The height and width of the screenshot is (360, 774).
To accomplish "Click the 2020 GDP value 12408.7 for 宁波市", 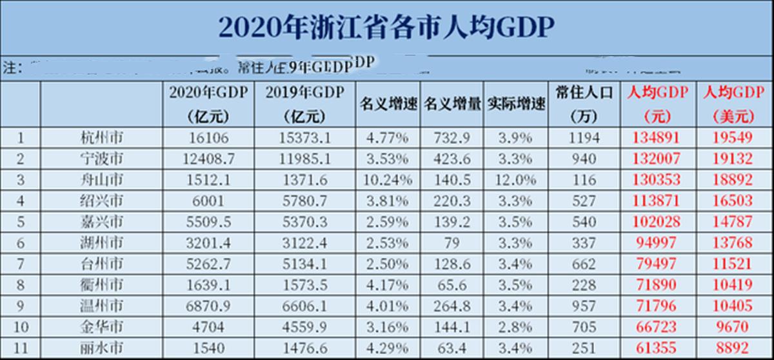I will [209, 159].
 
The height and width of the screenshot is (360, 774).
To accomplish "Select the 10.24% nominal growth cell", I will [388, 180].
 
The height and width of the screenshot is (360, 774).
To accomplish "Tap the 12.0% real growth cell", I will [516, 180].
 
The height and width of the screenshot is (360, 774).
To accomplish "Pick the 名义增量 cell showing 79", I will [452, 243].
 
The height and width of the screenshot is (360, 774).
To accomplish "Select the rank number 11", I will [21, 349].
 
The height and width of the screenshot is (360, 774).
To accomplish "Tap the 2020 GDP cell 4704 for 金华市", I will [209, 328].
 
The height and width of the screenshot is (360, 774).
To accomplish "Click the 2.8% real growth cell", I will [516, 328].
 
